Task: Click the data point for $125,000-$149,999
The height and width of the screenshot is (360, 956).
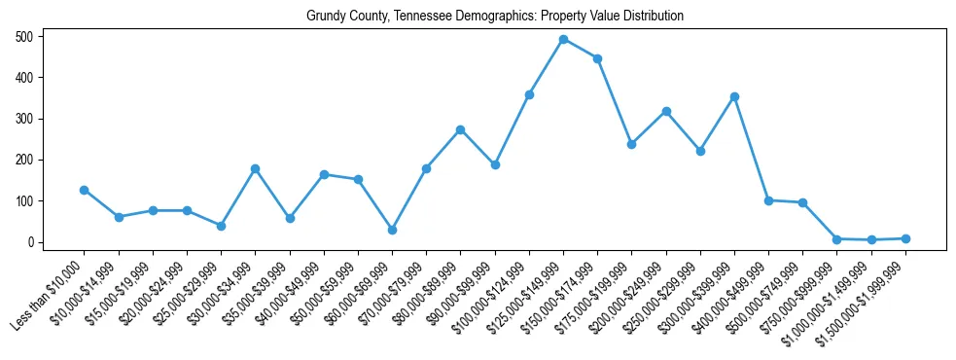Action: (x=563, y=39)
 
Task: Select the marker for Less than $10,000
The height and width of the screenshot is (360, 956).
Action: (x=85, y=190)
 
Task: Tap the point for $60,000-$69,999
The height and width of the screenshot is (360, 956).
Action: (x=392, y=230)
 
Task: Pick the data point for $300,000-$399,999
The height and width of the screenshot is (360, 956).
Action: (x=734, y=96)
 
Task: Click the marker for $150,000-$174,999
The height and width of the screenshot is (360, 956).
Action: (x=597, y=58)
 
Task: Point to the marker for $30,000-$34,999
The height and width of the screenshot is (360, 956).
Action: (x=255, y=168)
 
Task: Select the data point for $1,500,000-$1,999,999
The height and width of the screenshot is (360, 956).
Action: (x=905, y=238)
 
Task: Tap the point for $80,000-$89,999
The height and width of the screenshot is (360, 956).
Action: (x=460, y=129)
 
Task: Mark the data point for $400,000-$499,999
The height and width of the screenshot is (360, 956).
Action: (x=768, y=200)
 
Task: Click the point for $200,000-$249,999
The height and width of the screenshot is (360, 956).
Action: (x=666, y=111)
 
